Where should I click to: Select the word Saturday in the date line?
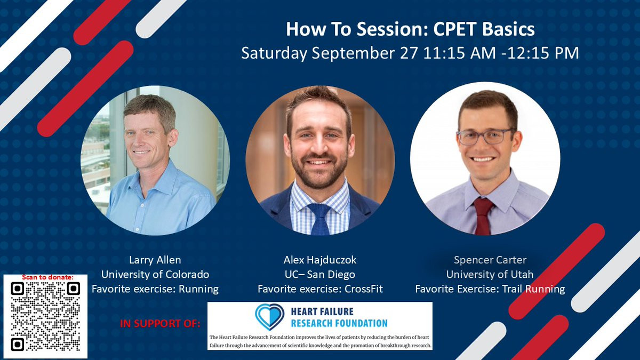pyautogui.click(x=274, y=54)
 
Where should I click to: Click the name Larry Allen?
pyautogui.click(x=155, y=260)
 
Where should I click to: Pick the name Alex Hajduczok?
pyautogui.click(x=320, y=260)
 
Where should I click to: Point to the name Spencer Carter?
pyautogui.click(x=490, y=260)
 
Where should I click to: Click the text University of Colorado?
pyautogui.click(x=155, y=275)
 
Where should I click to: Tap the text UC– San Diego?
pyautogui.click(x=320, y=275)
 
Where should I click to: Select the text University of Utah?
pyautogui.click(x=490, y=275)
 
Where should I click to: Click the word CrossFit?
pyautogui.click(x=363, y=289)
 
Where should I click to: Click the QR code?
pyautogui.click(x=45, y=317)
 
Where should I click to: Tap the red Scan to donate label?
pyautogui.click(x=47, y=277)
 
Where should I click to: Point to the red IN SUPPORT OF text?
pyautogui.click(x=160, y=323)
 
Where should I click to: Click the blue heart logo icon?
pyautogui.click(x=269, y=317)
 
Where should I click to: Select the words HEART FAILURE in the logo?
pyautogui.click(x=322, y=311)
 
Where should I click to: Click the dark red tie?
pyautogui.click(x=483, y=217)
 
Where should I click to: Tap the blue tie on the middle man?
pyautogui.click(x=319, y=219)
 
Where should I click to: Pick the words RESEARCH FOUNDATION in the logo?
pyautogui.click(x=339, y=323)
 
